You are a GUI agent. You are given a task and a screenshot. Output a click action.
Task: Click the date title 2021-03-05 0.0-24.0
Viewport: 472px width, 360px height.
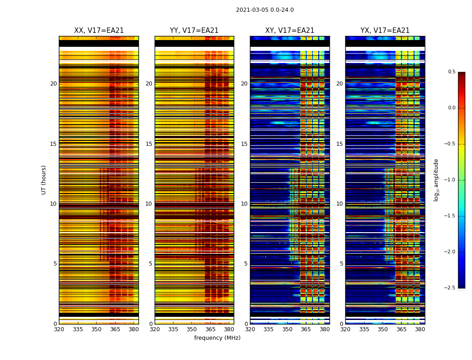(x=265, y=10)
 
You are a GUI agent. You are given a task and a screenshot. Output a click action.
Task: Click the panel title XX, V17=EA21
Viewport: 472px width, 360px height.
(x=99, y=31)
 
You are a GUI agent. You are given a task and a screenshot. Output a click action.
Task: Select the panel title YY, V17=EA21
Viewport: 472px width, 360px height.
(x=194, y=31)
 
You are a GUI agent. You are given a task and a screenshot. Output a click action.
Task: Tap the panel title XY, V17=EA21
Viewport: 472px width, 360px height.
(x=289, y=31)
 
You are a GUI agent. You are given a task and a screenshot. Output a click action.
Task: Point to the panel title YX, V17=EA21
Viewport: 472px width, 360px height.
(x=385, y=31)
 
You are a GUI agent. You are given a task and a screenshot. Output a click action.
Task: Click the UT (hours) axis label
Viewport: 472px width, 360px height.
(x=44, y=180)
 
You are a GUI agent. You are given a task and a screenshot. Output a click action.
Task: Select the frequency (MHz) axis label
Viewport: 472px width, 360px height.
(x=217, y=338)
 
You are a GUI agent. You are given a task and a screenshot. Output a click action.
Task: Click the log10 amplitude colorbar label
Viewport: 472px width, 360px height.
(x=436, y=180)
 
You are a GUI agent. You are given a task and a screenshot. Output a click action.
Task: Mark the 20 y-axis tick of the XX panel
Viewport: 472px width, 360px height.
(x=53, y=84)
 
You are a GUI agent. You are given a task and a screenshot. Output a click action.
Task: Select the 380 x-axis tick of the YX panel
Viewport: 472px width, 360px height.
(x=420, y=329)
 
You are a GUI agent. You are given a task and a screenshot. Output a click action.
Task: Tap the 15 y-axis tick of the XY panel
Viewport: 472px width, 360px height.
(x=244, y=144)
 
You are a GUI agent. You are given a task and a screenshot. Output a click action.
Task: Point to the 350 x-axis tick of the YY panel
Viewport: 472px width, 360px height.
(x=192, y=329)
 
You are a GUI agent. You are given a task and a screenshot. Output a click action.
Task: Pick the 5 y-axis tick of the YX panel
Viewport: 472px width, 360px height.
(x=341, y=264)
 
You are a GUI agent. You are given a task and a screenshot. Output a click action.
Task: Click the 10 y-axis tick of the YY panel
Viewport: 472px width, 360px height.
(x=149, y=204)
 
